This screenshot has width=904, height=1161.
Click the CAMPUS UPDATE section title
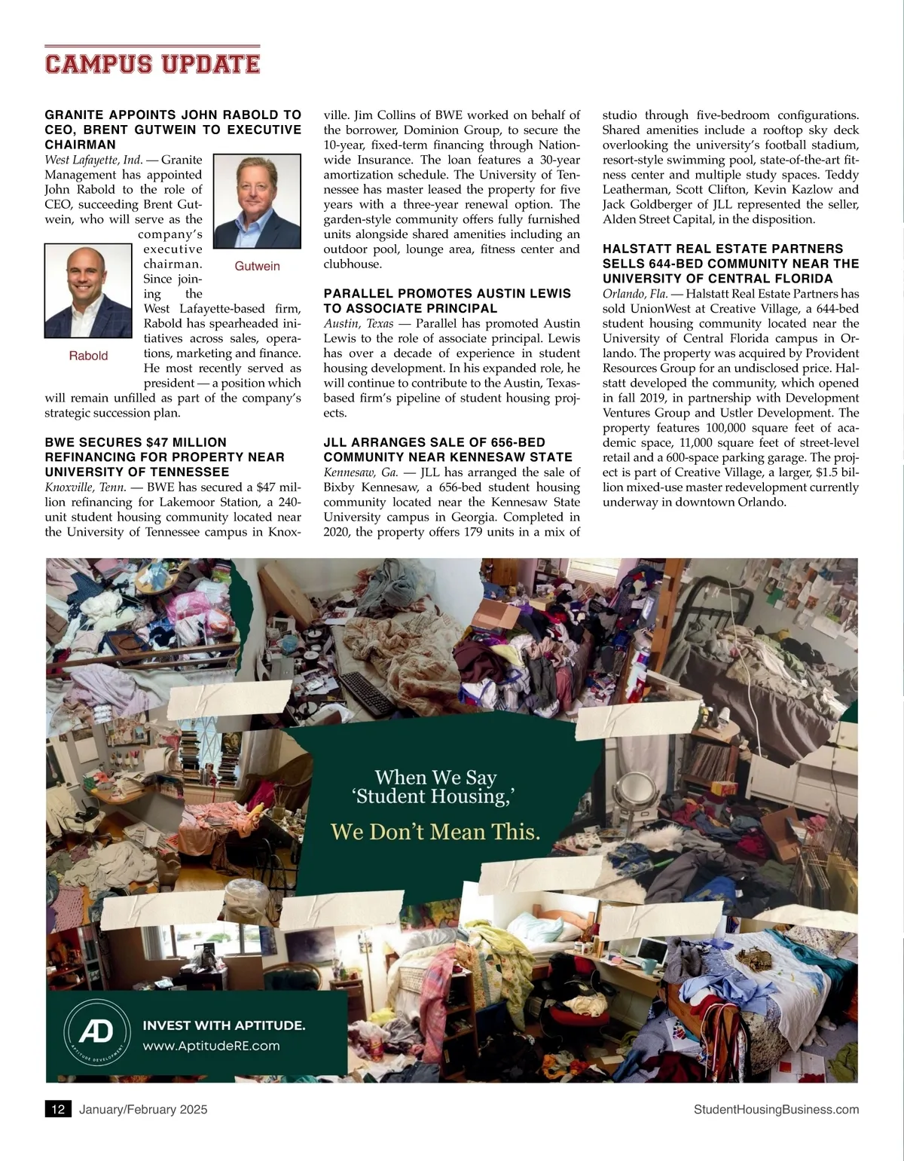[x=152, y=63]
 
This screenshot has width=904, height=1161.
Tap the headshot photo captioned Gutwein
[x=258, y=201]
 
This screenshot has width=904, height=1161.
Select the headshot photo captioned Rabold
[x=88, y=291]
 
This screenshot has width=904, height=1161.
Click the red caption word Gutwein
[x=257, y=266]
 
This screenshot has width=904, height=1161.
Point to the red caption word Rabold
[x=88, y=356]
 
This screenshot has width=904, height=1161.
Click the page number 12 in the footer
[x=58, y=1109]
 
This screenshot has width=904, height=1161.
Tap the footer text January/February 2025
[x=143, y=1109]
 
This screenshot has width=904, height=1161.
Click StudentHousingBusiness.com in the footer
[x=776, y=1109]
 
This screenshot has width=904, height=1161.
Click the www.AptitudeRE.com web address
[x=211, y=1046]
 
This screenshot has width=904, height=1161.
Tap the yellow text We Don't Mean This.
[x=435, y=832]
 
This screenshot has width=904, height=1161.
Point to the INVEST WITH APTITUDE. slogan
[x=224, y=1025]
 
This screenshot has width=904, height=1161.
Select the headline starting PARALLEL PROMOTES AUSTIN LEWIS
[x=447, y=301]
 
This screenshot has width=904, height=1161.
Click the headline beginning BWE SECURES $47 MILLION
[x=165, y=457]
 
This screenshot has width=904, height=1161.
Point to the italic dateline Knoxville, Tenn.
[x=85, y=487]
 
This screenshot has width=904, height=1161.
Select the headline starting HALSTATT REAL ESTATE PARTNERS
[x=730, y=264]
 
